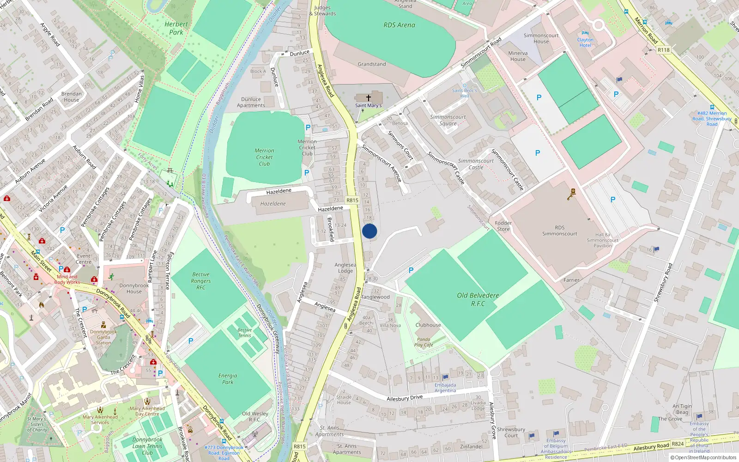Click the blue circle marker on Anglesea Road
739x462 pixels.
tap(369, 231)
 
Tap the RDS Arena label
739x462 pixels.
tap(399, 25)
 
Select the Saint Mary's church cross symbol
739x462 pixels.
tap(369, 98)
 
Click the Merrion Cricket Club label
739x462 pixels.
tap(264, 157)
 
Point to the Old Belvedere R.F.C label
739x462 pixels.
tap(478, 299)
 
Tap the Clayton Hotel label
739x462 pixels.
tap(585, 43)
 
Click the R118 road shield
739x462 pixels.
tap(663, 50)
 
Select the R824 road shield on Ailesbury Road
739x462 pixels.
tap(678, 444)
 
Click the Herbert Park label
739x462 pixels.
tap(176, 28)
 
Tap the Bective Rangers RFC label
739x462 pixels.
tap(201, 281)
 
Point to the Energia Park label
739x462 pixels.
tap(228, 379)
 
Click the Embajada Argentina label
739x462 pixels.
tap(445, 388)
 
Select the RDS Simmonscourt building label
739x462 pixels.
tap(559, 231)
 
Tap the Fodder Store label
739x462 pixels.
tap(503, 226)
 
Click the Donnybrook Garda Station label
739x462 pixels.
tap(103, 337)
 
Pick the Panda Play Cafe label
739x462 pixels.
tap(424, 342)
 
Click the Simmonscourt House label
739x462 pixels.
tap(541, 38)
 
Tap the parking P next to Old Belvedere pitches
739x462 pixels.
tap(411, 270)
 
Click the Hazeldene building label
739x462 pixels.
tap(273, 204)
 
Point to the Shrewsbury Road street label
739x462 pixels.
tap(663, 283)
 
